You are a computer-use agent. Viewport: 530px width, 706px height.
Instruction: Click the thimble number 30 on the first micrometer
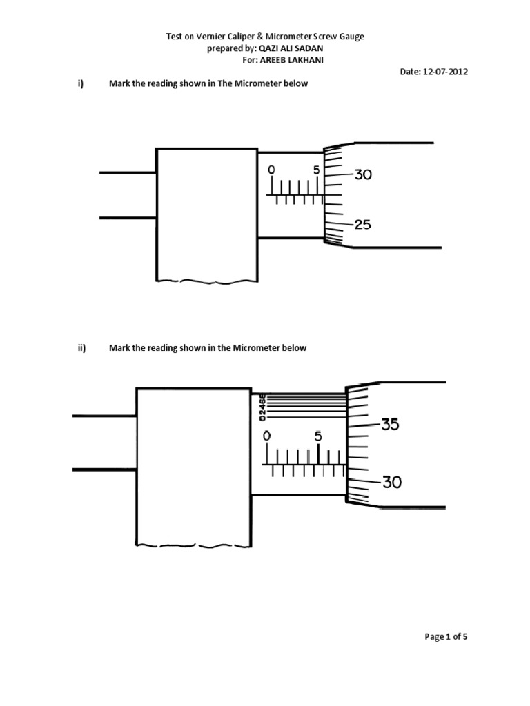coord(363,175)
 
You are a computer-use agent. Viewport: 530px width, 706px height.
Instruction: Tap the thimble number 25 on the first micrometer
coord(363,225)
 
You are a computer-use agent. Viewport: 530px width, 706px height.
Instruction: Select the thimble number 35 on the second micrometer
coord(390,425)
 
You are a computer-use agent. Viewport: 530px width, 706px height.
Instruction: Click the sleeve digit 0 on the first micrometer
coord(271,170)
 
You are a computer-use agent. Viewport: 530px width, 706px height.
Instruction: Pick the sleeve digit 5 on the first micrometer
coord(316,170)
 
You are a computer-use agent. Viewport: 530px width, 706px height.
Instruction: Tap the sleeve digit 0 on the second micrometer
coord(267,436)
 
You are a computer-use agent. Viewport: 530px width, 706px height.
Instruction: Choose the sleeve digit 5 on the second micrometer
coord(317,436)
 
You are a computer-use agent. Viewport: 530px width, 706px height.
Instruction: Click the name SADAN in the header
coord(308,49)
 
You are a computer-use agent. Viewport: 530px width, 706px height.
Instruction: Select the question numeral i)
coord(80,84)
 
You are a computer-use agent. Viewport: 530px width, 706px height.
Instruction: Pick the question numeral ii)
coord(81,348)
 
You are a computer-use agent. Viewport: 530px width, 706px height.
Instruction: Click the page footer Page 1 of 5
coord(446,637)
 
